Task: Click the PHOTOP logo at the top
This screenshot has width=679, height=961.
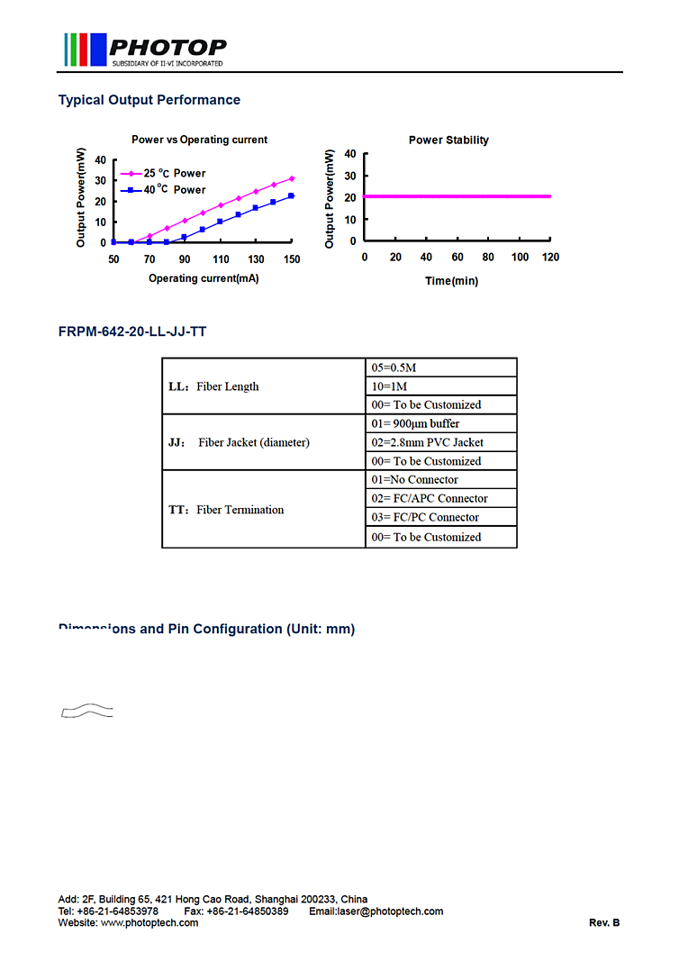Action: tap(144, 50)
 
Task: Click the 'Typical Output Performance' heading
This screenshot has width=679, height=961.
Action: tap(149, 100)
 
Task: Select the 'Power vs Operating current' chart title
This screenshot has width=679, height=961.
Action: tap(199, 140)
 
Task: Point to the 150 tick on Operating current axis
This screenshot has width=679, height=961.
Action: tap(292, 259)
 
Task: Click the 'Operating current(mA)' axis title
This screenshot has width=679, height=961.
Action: tap(204, 278)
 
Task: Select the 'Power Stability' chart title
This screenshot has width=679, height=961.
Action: tap(448, 140)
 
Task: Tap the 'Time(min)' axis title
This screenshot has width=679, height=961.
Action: tap(451, 281)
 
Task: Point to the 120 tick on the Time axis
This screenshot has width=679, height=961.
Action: tap(550, 258)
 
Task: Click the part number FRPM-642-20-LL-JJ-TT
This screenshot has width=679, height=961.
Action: tap(132, 331)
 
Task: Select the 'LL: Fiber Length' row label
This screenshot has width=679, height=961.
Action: tap(214, 386)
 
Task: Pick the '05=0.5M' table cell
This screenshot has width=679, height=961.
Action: tap(394, 367)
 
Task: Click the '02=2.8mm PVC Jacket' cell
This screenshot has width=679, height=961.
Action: tap(427, 442)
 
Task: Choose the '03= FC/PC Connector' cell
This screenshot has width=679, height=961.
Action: tap(427, 517)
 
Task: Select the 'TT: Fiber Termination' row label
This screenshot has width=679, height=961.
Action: tap(226, 510)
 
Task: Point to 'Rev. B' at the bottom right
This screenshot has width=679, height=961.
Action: tap(604, 922)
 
